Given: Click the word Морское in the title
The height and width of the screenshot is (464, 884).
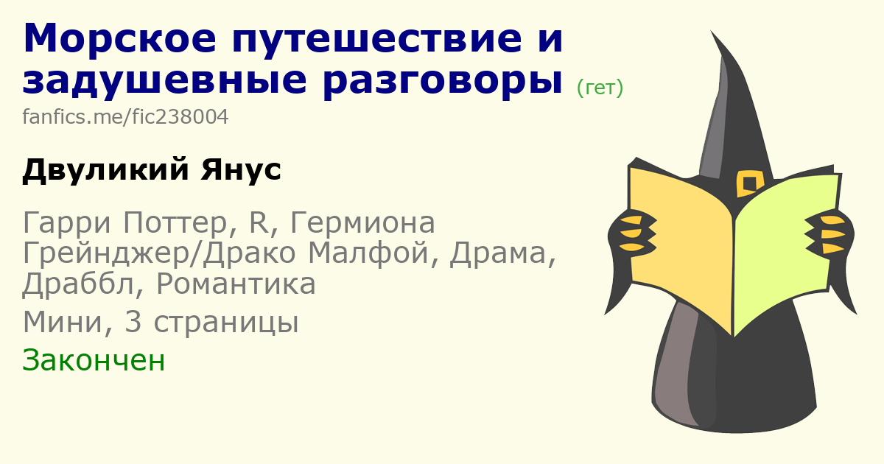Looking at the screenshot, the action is (119, 38).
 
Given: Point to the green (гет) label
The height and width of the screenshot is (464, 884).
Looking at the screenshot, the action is (600, 88).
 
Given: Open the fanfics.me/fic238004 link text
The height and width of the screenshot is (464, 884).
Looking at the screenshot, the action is (125, 117).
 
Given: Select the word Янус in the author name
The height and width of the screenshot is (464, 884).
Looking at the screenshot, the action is (241, 170).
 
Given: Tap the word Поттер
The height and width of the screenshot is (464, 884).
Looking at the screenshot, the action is (175, 223).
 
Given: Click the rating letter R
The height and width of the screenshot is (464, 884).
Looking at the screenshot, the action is (259, 222).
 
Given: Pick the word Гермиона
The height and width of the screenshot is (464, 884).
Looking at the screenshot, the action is (362, 222).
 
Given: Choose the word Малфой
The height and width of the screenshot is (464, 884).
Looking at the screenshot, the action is (368, 253).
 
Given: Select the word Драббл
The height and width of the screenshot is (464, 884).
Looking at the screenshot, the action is (78, 284).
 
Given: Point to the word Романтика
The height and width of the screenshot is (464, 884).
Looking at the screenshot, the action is (236, 284).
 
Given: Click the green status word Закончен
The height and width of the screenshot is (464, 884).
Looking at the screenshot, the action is (94, 360).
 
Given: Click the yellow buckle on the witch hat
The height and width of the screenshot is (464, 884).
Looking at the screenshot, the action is (749, 183).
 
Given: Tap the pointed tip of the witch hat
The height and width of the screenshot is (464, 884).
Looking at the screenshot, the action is (711, 31).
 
